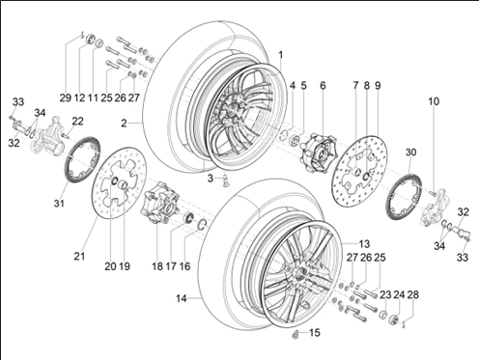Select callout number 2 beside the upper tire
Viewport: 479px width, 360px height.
click(x=125, y=123)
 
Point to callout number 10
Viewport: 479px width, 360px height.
click(x=434, y=101)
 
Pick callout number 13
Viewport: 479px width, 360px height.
click(x=365, y=243)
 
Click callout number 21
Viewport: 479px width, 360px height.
click(x=80, y=256)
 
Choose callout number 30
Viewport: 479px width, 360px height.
click(x=410, y=152)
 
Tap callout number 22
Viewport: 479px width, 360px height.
click(x=77, y=120)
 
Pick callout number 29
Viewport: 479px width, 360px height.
click(x=66, y=97)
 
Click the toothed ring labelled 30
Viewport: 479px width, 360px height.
click(x=400, y=198)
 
